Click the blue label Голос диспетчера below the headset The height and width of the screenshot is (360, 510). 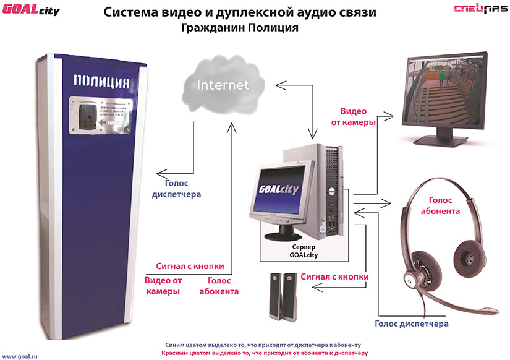coord(412,324)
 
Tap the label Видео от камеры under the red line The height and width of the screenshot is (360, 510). coord(163,286)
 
